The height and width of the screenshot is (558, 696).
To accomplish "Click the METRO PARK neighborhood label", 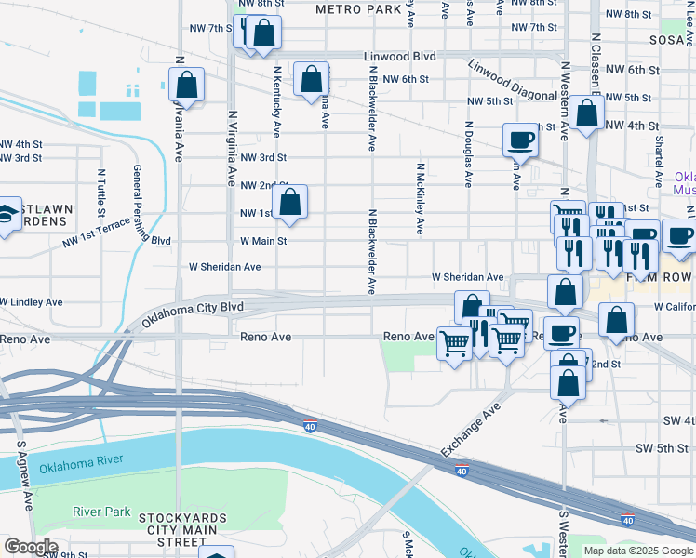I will [x=357, y=8].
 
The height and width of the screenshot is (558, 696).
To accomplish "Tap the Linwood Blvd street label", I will [x=398, y=57].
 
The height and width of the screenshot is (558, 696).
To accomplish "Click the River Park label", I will [x=102, y=511].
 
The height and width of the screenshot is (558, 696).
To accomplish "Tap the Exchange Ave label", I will [x=471, y=430].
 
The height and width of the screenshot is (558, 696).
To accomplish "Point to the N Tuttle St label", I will [x=100, y=189].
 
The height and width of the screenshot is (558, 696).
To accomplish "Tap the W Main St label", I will [x=262, y=241].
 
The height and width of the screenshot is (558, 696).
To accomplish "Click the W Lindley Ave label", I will [x=32, y=302].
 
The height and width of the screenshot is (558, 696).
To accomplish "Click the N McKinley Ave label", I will [x=420, y=198].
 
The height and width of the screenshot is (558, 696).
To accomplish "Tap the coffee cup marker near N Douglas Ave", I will [x=520, y=139].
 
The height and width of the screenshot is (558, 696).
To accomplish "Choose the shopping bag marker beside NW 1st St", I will [x=289, y=201].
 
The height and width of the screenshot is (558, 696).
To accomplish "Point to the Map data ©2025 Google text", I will [x=637, y=551].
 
